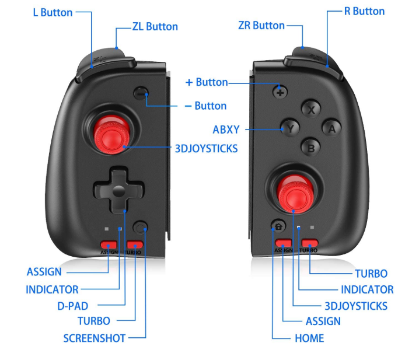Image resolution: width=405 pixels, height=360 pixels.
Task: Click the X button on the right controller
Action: [x=312, y=108]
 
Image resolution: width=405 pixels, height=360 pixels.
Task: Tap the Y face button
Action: [x=290, y=128]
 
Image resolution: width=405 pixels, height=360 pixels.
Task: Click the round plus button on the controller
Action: [x=280, y=91]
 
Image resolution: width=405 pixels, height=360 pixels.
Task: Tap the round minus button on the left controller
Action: [x=141, y=93]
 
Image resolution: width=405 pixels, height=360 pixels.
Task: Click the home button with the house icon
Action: [x=278, y=226]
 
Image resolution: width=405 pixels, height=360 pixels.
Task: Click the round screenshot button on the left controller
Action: [x=141, y=228]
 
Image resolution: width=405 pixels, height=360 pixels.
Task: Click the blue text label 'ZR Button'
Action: [x=261, y=26]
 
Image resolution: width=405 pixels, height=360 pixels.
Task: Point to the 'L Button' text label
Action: [x=53, y=12]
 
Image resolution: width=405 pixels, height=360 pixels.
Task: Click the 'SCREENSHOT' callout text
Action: [x=95, y=338]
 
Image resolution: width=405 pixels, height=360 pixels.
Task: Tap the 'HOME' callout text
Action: [x=309, y=338]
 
